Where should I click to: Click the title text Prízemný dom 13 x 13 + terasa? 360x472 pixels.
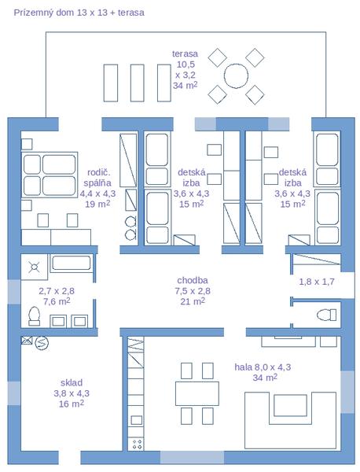click(x=79, y=13)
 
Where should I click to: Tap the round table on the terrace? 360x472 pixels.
click(x=236, y=76)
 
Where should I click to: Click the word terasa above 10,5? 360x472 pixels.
click(x=185, y=53)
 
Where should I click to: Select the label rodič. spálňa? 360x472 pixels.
click(x=97, y=178)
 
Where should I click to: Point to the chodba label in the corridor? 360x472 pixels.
click(x=193, y=280)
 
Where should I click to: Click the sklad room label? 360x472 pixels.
click(x=72, y=382)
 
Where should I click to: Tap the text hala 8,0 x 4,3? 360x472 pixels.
click(x=263, y=367)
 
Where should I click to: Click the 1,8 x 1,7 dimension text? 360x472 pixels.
click(x=317, y=282)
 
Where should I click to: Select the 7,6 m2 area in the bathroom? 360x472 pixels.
click(x=57, y=301)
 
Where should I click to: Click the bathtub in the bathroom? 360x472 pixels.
click(x=72, y=263)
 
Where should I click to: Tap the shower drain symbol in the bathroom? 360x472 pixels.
click(x=34, y=267)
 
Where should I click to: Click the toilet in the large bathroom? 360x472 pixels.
click(x=34, y=316)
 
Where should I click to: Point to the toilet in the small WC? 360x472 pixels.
click(x=327, y=315)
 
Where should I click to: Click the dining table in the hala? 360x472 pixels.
click(x=197, y=393)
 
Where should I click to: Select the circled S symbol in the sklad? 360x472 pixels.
click(x=42, y=342)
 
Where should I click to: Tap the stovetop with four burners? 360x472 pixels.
click(x=136, y=444)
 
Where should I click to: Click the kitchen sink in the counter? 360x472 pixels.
click(x=136, y=420)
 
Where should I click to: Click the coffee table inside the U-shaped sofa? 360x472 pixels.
click(x=290, y=405)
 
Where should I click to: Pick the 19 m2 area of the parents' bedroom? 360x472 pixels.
click(x=97, y=204)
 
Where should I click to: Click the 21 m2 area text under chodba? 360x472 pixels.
click(x=193, y=301)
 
